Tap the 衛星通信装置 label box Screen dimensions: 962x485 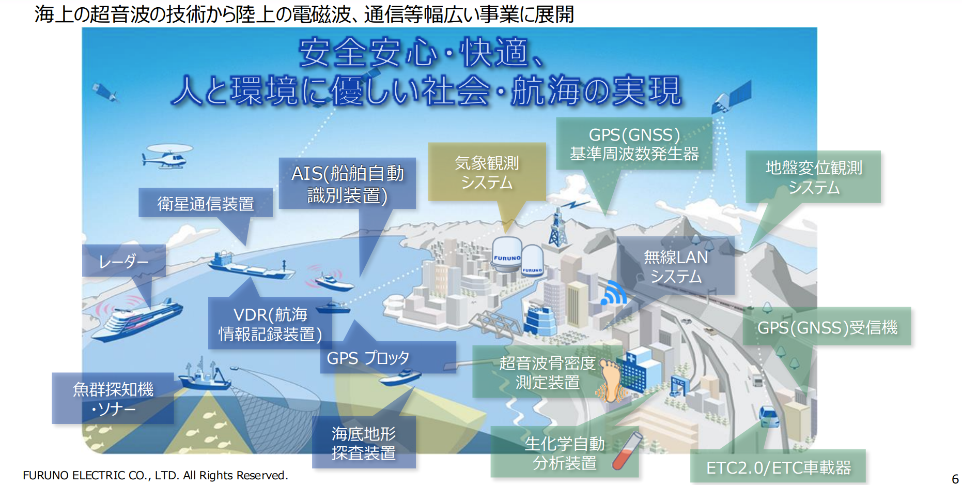(206, 203)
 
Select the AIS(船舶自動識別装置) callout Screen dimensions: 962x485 (347, 184)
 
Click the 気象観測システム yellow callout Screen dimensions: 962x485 (487, 172)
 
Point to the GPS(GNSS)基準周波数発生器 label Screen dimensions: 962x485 (634, 144)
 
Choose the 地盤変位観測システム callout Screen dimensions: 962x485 (813, 177)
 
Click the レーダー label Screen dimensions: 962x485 (124, 261)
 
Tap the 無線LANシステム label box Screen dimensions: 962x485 (675, 266)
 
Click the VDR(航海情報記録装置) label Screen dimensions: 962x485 (270, 323)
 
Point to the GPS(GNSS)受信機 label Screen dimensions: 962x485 (827, 327)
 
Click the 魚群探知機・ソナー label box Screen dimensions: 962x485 (113, 398)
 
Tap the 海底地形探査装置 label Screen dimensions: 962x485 (364, 442)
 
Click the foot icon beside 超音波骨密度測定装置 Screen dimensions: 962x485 (611, 381)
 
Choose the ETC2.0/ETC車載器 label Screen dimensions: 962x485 (778, 467)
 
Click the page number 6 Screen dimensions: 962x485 (955, 479)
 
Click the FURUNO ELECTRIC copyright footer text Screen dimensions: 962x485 (156, 475)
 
